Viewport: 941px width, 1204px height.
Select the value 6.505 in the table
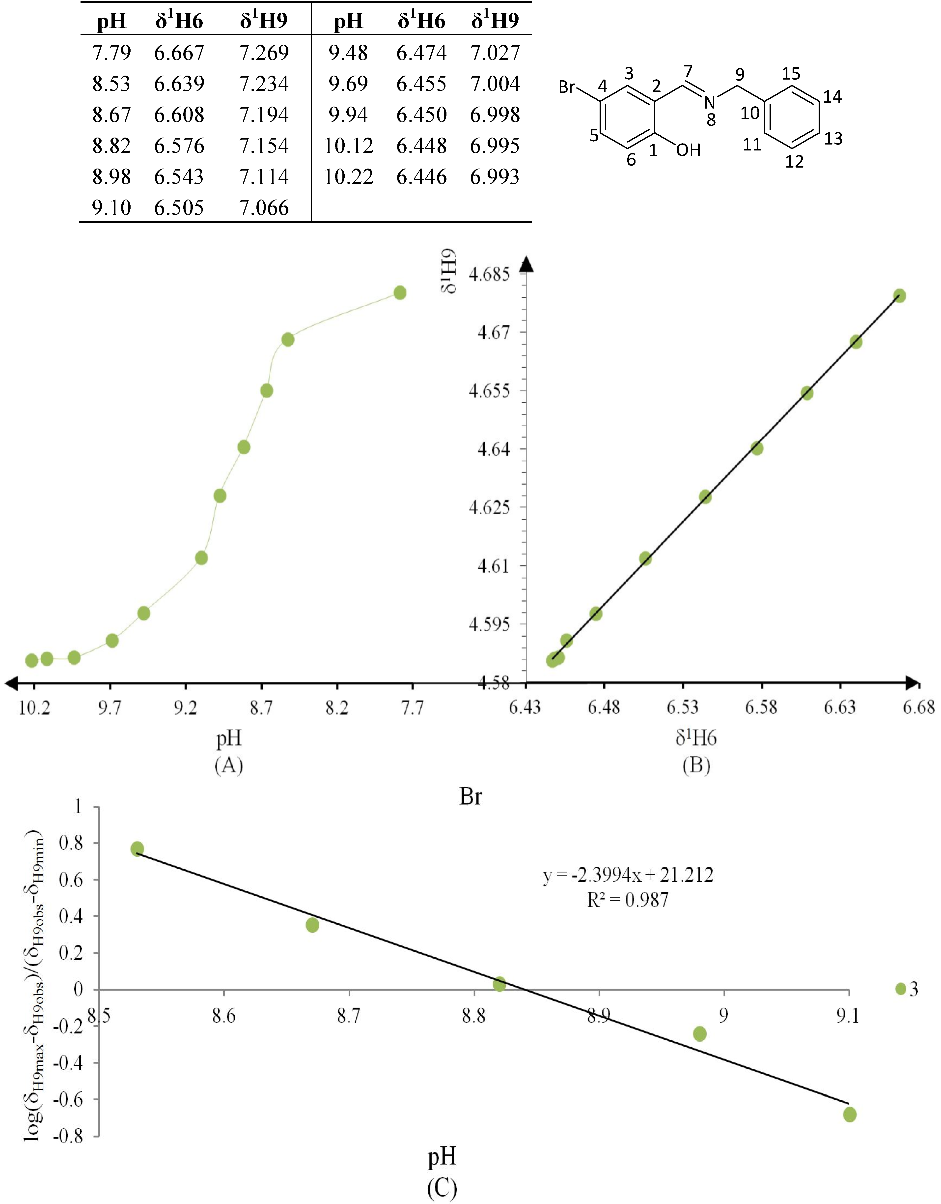179,208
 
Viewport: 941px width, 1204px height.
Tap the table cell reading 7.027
495,53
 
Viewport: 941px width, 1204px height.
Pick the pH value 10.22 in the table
348,177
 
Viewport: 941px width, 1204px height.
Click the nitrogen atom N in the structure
710,102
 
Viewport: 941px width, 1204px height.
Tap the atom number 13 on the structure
833,138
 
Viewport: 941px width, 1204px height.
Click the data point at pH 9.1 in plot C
850,1115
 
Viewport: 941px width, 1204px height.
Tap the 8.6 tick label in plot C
224,1015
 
